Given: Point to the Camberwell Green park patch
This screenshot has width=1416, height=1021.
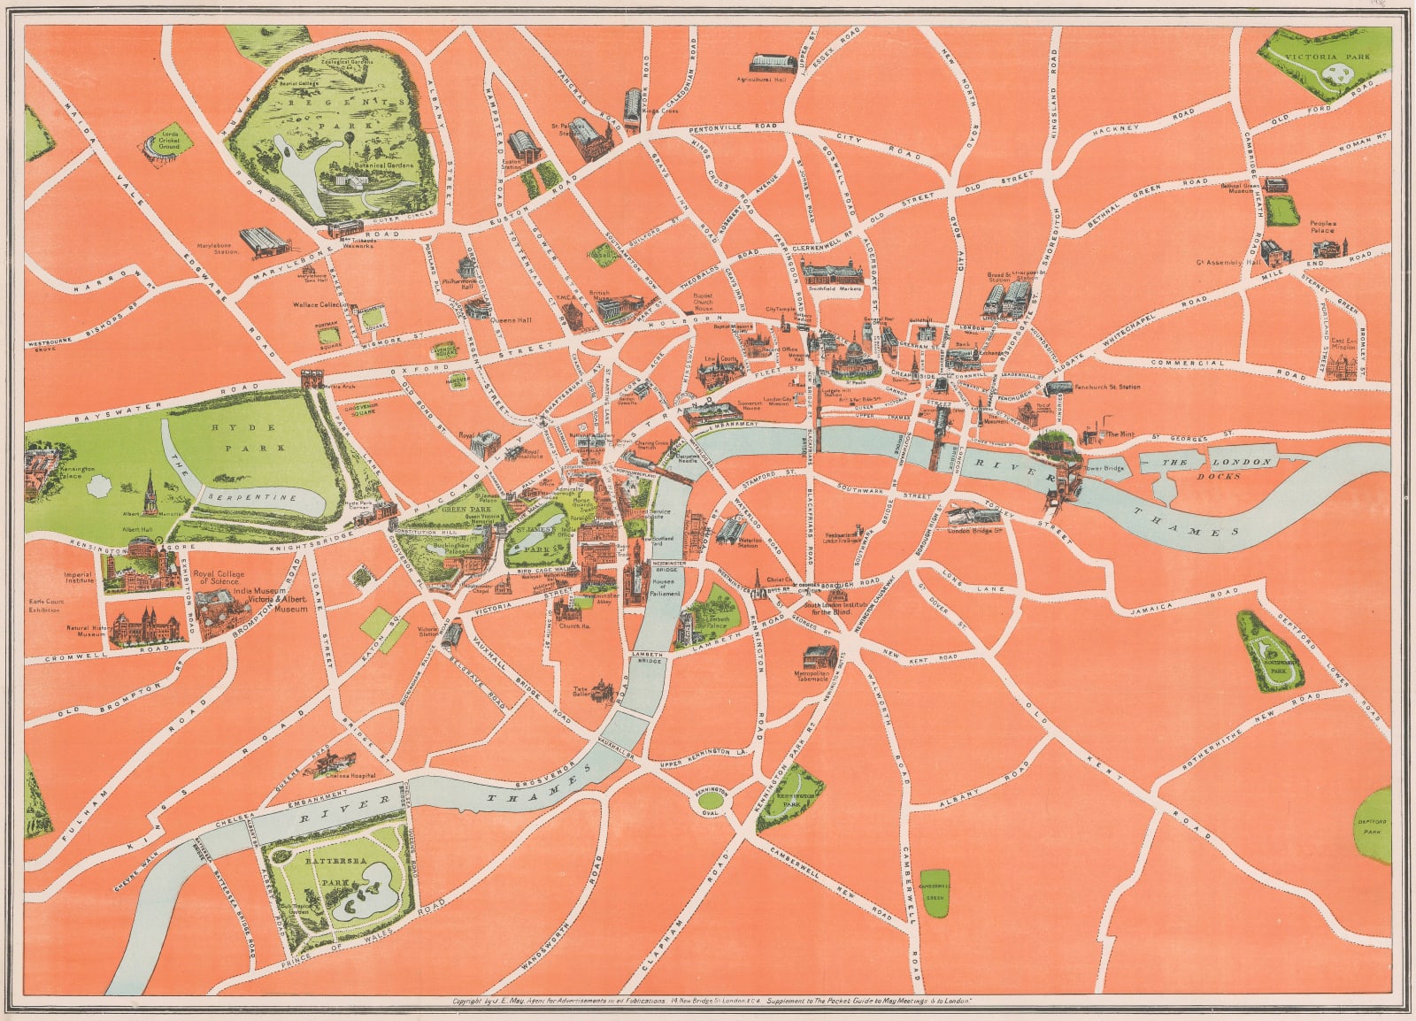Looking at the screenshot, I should coord(934,884).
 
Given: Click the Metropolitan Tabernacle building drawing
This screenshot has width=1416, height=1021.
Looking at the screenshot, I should coord(820,656).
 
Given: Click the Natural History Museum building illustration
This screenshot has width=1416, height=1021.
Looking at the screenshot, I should coord(146,625).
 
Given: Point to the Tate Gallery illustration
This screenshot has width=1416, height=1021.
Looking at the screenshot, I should coord(602,690).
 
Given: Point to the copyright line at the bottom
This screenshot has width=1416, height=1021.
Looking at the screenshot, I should coord(712,1002).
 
